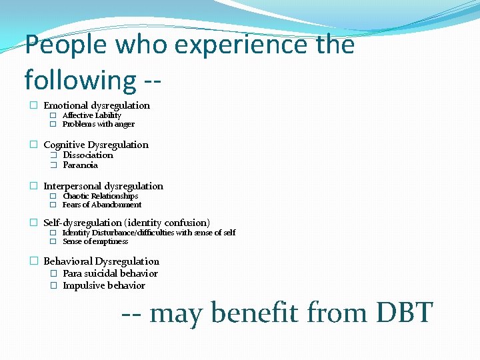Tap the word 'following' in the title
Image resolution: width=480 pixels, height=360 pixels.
[80, 80]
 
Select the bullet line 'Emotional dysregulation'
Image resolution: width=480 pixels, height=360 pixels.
[97, 105]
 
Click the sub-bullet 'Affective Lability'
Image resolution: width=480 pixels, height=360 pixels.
[92, 115]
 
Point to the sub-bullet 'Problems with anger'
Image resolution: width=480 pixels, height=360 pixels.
[99, 124]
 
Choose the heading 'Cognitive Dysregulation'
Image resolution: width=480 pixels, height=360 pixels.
[96, 145]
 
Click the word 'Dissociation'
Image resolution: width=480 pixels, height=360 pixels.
[88, 155]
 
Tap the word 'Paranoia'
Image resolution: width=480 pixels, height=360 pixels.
[80, 165]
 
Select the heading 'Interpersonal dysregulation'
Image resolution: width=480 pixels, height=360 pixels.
[103, 186]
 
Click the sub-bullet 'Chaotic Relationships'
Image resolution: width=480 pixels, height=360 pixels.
[100, 196]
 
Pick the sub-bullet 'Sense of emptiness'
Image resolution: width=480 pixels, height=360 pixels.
[95, 241]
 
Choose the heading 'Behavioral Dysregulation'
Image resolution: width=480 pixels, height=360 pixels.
[101, 261]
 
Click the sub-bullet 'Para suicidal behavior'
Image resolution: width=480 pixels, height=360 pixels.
[110, 273]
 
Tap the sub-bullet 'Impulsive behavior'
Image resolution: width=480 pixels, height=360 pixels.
[103, 285]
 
